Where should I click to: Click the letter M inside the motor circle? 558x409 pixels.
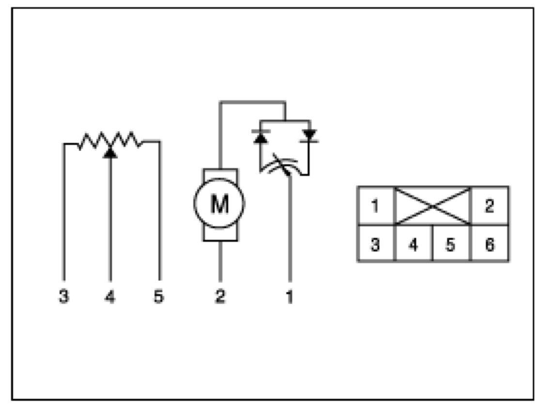pyautogui.click(x=219, y=204)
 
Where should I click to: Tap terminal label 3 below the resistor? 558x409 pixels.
pyautogui.click(x=63, y=297)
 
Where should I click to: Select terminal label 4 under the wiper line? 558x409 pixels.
pyautogui.click(x=110, y=297)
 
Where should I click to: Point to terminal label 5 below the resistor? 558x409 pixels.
pyautogui.click(x=158, y=297)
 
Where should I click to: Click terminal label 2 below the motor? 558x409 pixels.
pyautogui.click(x=220, y=297)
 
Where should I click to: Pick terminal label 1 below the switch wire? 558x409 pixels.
pyautogui.click(x=290, y=297)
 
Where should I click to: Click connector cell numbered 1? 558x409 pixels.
pyautogui.click(x=375, y=206)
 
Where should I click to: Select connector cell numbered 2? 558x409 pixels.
pyautogui.click(x=489, y=206)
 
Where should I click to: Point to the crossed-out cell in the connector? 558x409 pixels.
pyautogui.click(x=433, y=206)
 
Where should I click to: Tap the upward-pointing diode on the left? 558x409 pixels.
pyautogui.click(x=261, y=137)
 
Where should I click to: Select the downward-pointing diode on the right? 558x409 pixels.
pyautogui.click(x=309, y=136)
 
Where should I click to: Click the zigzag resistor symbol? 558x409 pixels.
pyautogui.click(x=110, y=140)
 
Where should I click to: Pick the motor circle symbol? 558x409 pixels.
pyautogui.click(x=219, y=204)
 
